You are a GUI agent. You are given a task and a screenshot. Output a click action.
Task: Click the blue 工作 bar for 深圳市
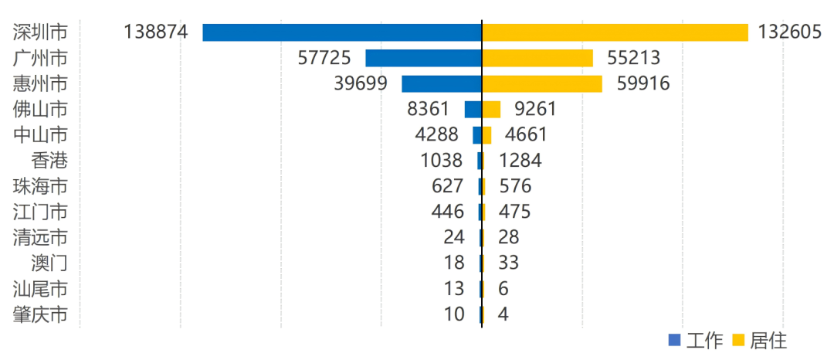(342, 32)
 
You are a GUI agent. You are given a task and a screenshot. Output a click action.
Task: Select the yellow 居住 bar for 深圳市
(615, 32)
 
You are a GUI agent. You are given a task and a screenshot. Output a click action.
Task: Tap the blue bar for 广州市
(423, 58)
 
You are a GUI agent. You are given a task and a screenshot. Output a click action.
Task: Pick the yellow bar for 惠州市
(541, 83)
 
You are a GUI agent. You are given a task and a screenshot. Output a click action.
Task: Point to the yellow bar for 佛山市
(491, 109)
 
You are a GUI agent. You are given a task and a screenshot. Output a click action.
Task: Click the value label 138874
(155, 32)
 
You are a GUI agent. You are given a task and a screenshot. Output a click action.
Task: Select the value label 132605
(788, 32)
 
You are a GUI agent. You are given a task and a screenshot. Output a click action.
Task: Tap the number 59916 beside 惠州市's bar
(642, 83)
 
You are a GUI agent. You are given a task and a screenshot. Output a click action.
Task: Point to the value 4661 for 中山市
(526, 134)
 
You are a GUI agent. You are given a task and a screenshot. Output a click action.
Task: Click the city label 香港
(49, 161)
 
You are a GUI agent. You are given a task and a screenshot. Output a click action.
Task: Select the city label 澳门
(49, 263)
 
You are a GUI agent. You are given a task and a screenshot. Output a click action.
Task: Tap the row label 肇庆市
(40, 314)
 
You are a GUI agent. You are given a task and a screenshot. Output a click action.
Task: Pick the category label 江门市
(40, 212)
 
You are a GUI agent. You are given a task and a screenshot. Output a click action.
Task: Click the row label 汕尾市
(40, 288)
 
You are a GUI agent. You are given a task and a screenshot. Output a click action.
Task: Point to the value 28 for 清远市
(509, 237)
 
